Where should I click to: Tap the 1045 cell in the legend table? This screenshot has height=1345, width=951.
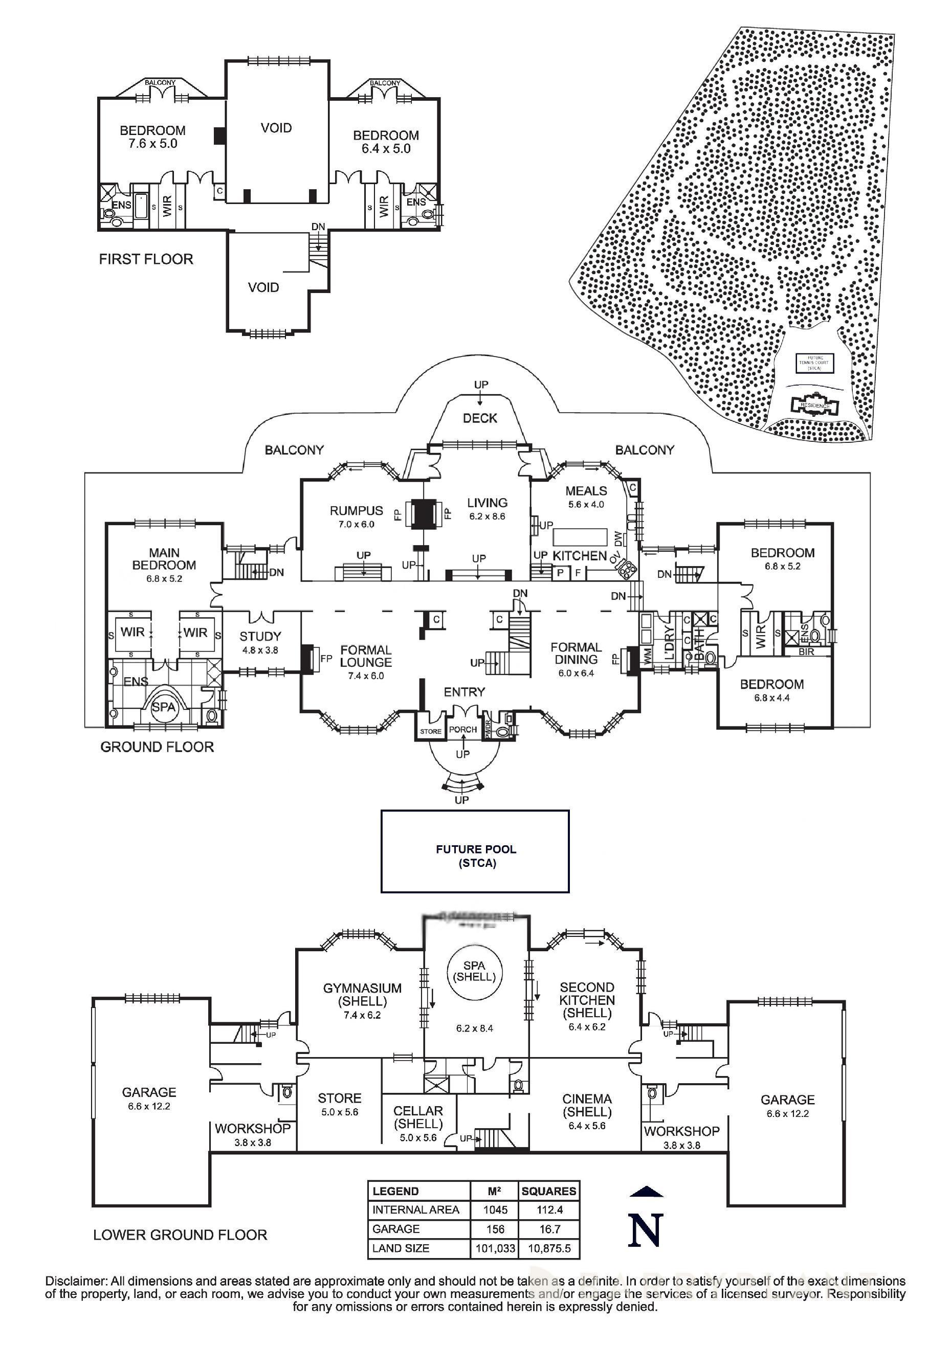(x=495, y=1209)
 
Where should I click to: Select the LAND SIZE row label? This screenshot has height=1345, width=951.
(x=401, y=1248)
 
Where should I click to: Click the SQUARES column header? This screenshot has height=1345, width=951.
(x=549, y=1191)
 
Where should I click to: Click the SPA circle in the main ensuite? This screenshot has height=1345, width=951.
(x=164, y=707)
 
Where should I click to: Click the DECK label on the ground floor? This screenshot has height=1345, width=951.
(x=480, y=418)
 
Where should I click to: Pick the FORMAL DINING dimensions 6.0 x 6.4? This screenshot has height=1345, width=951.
(x=576, y=673)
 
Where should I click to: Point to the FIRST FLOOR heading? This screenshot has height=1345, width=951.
(x=146, y=259)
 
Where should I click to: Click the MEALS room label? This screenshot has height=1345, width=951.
(x=586, y=491)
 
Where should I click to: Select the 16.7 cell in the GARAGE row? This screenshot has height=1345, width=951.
(x=549, y=1229)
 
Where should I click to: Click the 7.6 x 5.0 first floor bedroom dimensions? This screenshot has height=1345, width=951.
(x=152, y=144)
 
